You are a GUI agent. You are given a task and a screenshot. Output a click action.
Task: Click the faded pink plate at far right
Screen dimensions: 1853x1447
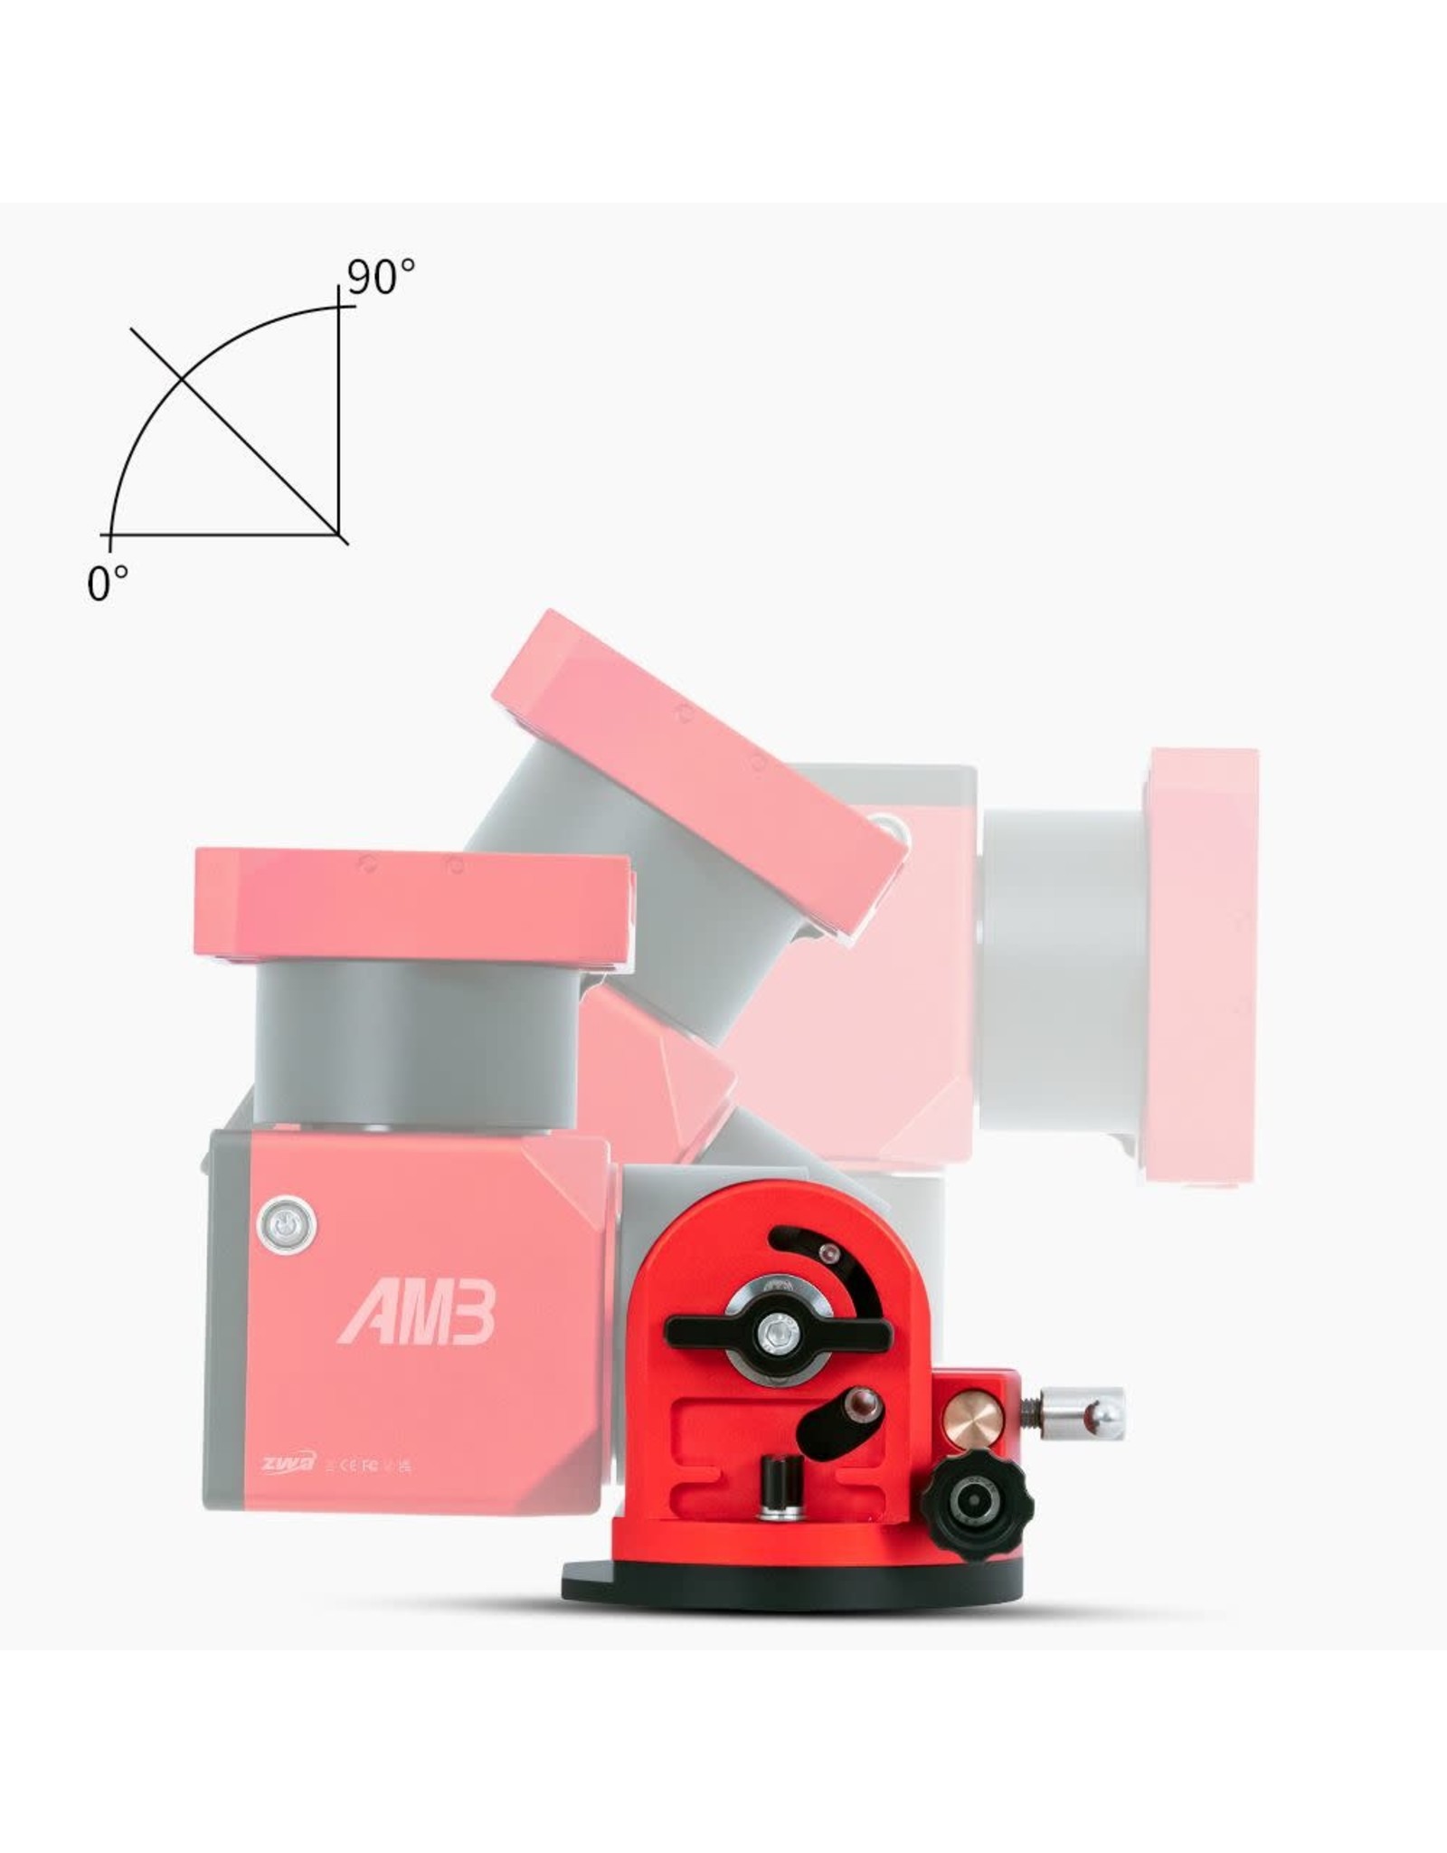pos(1203,923)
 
